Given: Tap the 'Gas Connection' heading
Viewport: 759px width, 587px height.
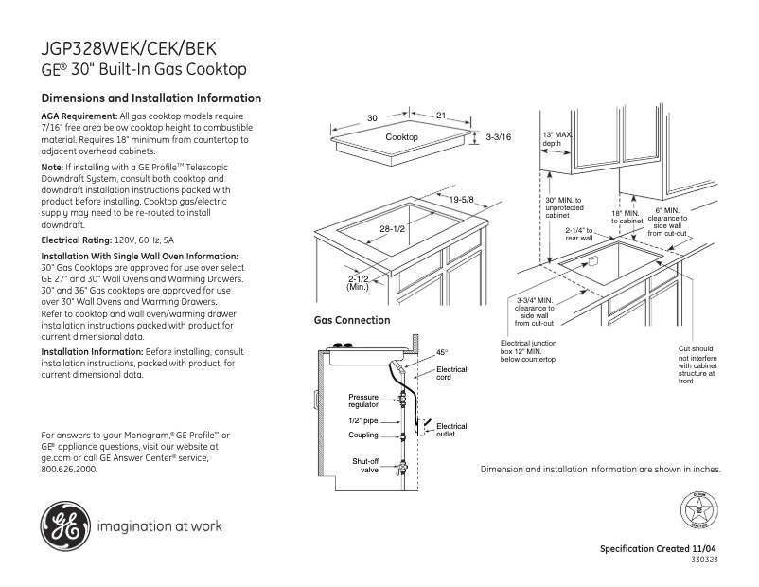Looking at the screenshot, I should [x=352, y=321].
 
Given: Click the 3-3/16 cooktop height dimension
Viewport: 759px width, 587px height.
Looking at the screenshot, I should [x=498, y=138].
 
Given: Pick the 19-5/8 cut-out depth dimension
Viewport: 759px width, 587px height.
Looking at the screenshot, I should [x=462, y=200].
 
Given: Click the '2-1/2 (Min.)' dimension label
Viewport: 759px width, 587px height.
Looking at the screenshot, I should [x=358, y=283].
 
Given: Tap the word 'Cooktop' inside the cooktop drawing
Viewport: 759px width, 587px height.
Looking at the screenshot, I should [x=401, y=138].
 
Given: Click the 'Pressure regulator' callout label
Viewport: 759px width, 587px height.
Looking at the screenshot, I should [x=362, y=400].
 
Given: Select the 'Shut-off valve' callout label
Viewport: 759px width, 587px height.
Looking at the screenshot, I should [x=366, y=464].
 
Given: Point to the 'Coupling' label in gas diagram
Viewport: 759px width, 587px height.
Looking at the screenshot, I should [x=362, y=436].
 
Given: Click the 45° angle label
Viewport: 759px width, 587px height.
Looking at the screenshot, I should [x=441, y=353].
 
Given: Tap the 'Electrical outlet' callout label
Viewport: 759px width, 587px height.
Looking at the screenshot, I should [x=450, y=431].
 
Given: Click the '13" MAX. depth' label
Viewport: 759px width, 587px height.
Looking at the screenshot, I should [x=557, y=139].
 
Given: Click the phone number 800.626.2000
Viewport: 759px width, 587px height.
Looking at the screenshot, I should [x=69, y=469].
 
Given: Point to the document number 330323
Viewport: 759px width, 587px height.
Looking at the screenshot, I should [x=705, y=560].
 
